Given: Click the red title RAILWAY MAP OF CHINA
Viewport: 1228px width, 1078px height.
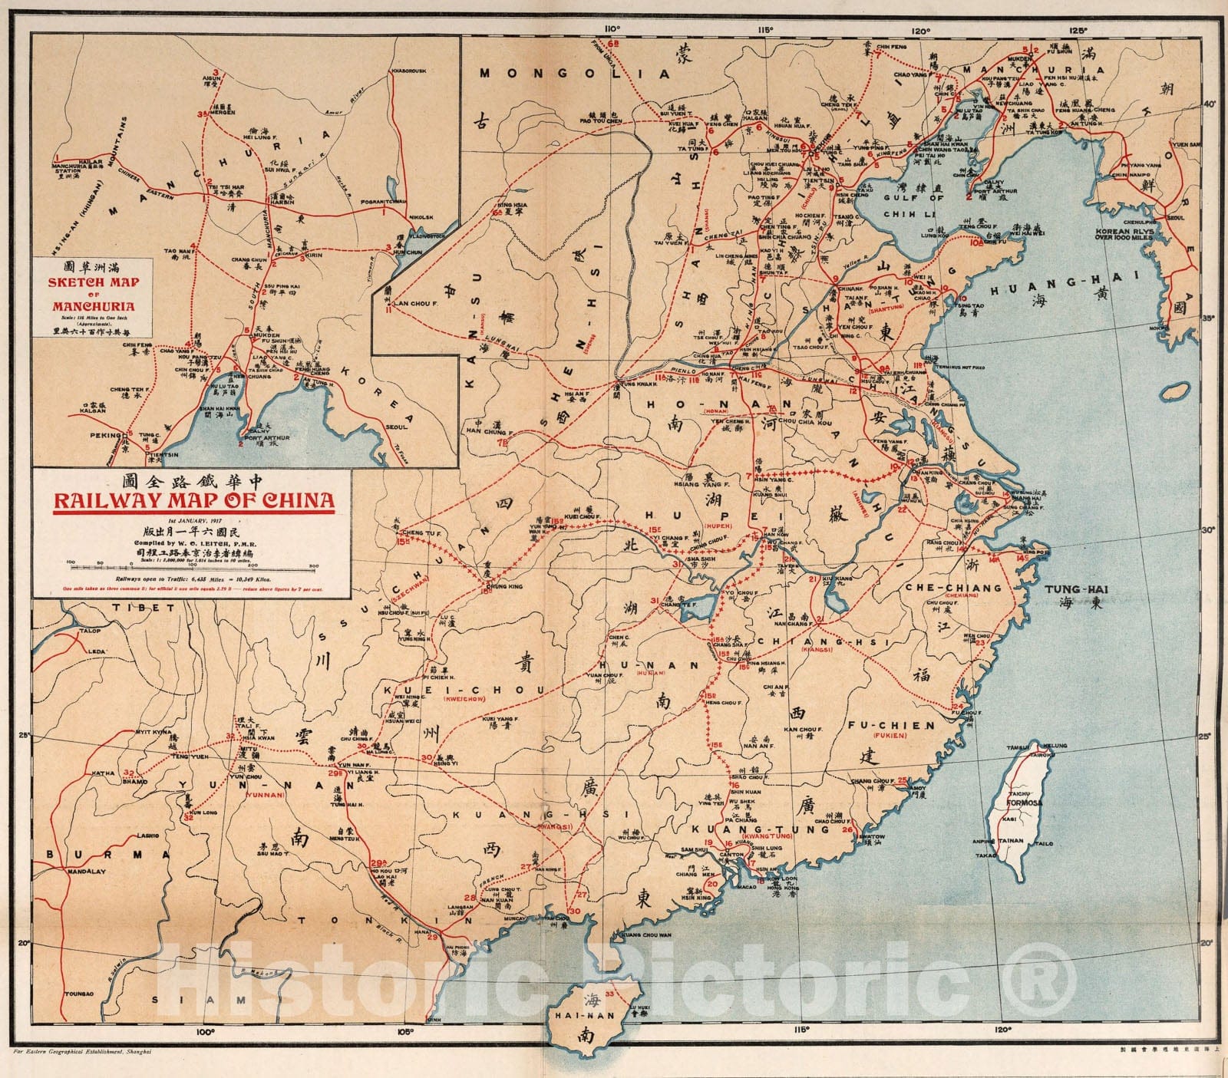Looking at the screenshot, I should pos(193,502).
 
